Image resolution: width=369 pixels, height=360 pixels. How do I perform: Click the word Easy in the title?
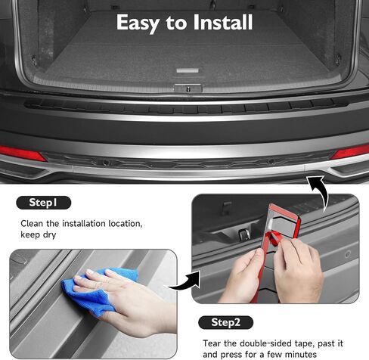pyautogui.click(x=138, y=23)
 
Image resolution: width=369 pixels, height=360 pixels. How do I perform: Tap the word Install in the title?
pyautogui.click(x=223, y=22)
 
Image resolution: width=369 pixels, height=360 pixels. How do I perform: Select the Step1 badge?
pyautogui.click(x=44, y=203)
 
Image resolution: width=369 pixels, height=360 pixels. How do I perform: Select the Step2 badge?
pyautogui.click(x=226, y=322)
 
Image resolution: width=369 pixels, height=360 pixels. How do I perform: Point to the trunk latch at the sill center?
pyautogui.click(x=188, y=88)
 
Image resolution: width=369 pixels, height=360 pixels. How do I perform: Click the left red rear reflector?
pyautogui.click(x=22, y=154)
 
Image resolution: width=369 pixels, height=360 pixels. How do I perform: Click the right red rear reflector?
pyautogui.click(x=350, y=152)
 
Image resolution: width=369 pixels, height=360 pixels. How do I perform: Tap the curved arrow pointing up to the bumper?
pyautogui.click(x=321, y=191)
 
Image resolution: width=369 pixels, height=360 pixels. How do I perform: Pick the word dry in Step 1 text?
pyautogui.click(x=49, y=235)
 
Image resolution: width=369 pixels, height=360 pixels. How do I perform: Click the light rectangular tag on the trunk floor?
pyautogui.click(x=188, y=70)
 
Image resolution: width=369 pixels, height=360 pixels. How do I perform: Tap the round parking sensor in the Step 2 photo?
pyautogui.click(x=348, y=254)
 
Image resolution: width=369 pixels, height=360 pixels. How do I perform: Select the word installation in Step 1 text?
pyautogui.click(x=84, y=224)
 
